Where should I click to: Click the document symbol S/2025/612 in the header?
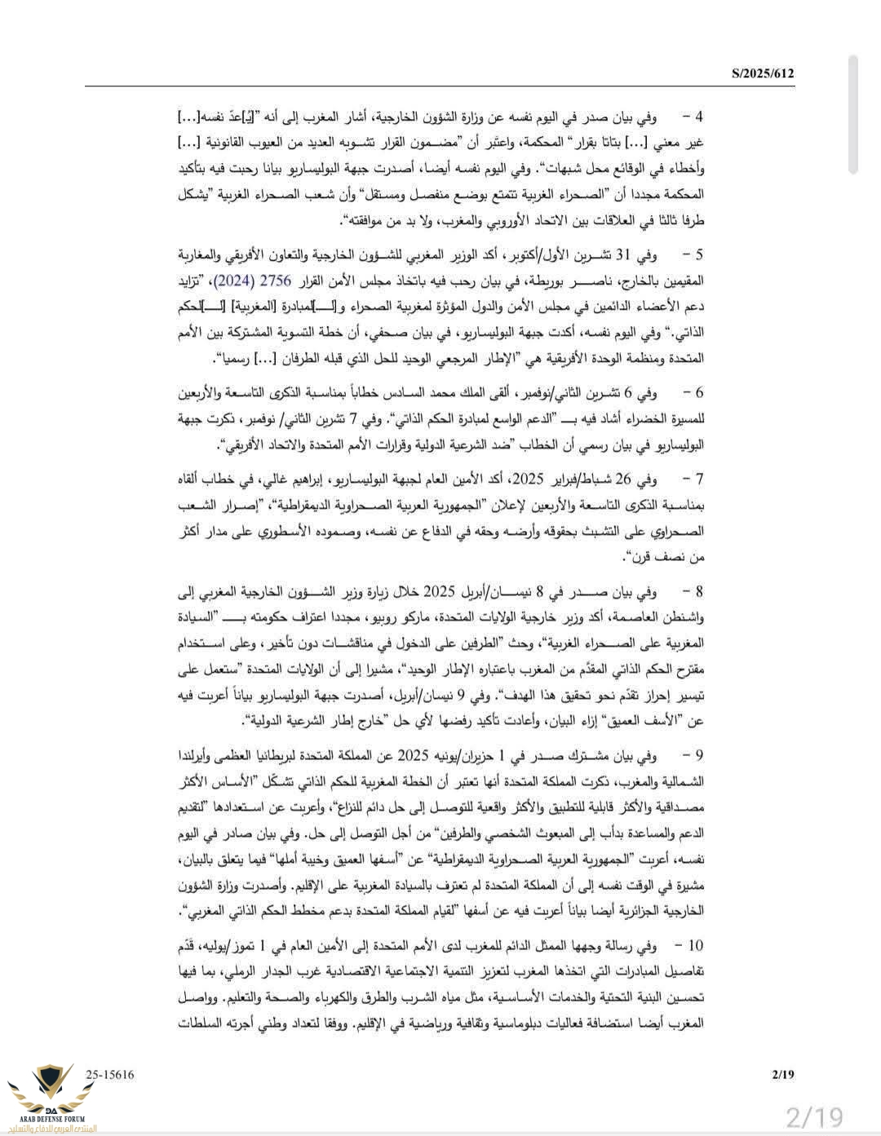[763, 74]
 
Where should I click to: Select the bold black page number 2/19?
[782, 1075]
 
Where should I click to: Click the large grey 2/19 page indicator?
[813, 1115]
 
